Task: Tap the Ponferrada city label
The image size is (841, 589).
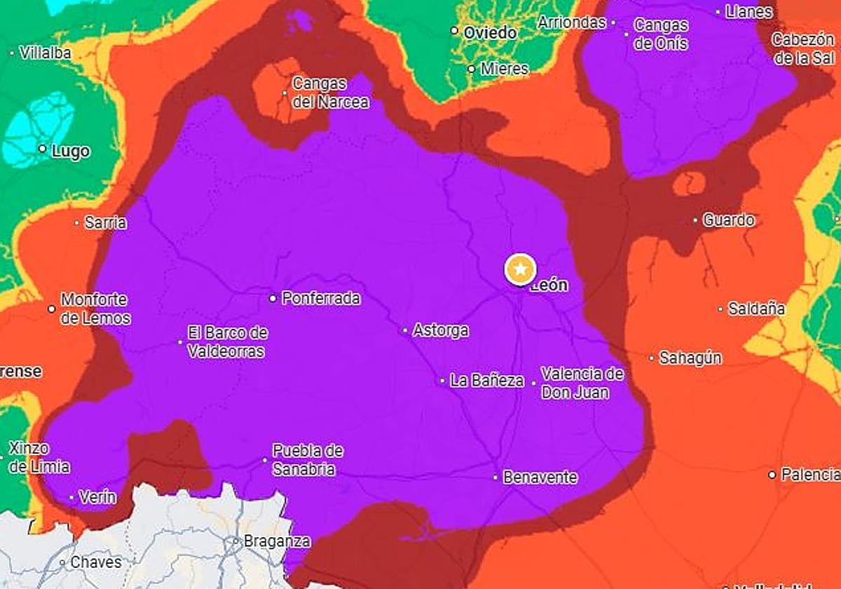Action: (321, 299)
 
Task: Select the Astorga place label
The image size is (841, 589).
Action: (441, 330)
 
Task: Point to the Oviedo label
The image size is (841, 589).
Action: (490, 32)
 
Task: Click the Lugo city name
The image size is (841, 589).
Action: (71, 151)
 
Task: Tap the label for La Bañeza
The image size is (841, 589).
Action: (487, 381)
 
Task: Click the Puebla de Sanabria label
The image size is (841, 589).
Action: (307, 460)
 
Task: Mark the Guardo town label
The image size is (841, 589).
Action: (729, 220)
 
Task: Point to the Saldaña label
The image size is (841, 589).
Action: (756, 309)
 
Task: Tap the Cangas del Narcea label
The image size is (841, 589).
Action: (330, 93)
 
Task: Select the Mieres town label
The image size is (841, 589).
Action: (505, 69)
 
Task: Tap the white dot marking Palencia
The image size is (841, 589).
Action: (772, 475)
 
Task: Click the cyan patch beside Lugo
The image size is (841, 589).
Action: (39, 126)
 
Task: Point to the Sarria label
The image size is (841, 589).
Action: (105, 223)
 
